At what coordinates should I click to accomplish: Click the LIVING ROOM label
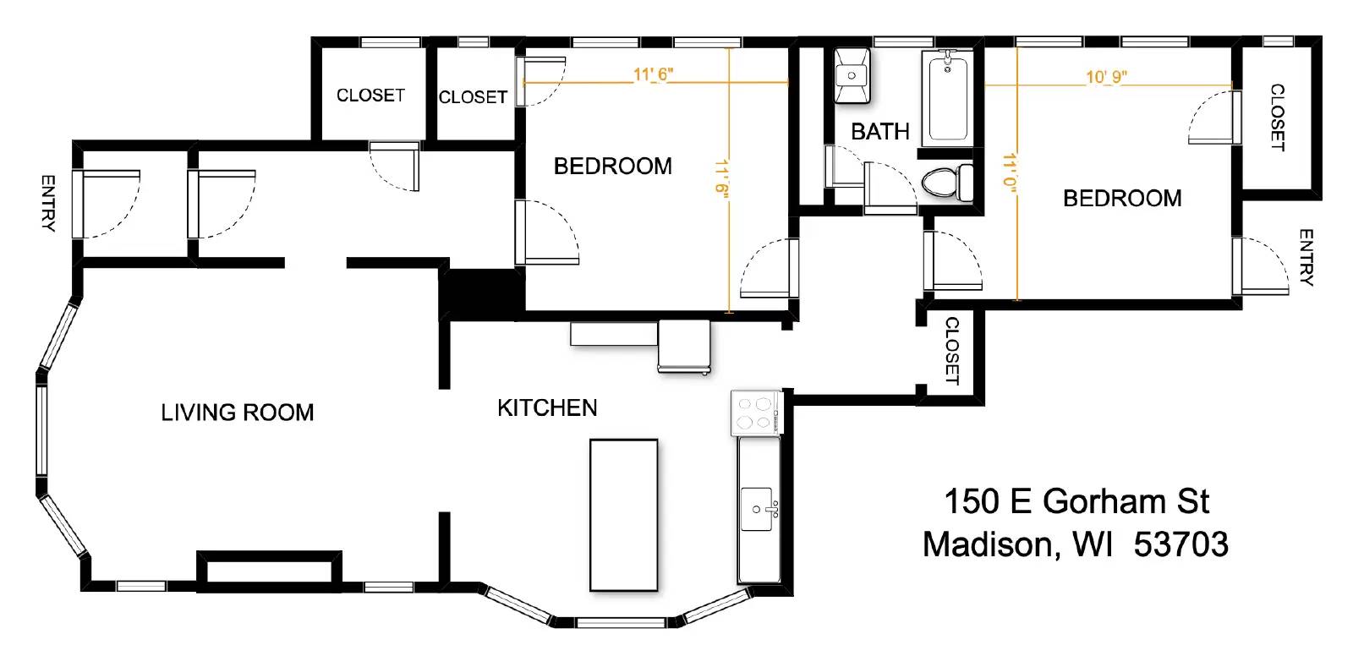click(x=238, y=413)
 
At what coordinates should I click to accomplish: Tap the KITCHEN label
click(x=547, y=408)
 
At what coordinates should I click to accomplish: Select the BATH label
click(x=879, y=132)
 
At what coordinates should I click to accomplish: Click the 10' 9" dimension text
click(x=1106, y=78)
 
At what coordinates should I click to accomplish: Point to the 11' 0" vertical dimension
click(x=1009, y=172)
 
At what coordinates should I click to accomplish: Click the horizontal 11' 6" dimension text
click(x=653, y=74)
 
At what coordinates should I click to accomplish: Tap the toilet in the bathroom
click(x=947, y=182)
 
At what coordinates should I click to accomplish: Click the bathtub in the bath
click(x=948, y=96)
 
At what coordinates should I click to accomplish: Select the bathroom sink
click(x=852, y=75)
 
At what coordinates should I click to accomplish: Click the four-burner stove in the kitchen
click(x=755, y=413)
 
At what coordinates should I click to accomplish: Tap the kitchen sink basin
click(x=756, y=509)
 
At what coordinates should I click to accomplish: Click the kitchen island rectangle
click(x=623, y=514)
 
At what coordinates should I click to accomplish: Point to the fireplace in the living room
click(x=269, y=568)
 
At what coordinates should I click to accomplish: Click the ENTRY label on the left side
click(x=48, y=203)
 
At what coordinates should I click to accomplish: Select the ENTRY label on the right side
click(x=1305, y=257)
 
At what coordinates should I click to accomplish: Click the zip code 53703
click(x=1180, y=544)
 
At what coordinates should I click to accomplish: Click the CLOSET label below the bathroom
click(x=951, y=351)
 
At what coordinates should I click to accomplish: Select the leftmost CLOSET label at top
click(x=370, y=96)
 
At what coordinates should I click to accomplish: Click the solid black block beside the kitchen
click(x=479, y=293)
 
